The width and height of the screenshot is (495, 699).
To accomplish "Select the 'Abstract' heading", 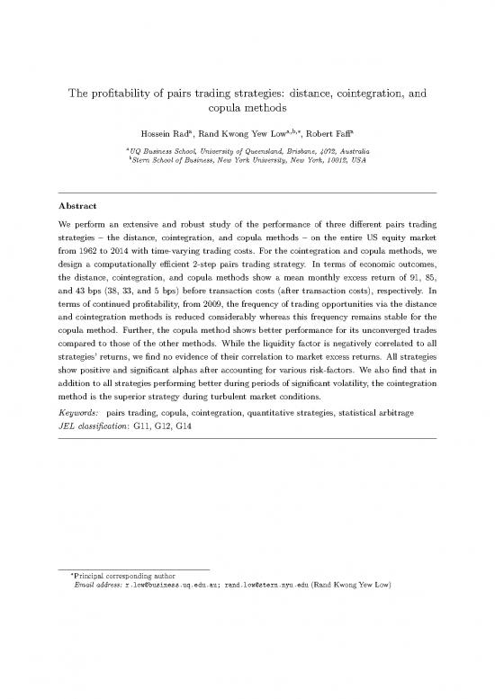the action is pos(78,205).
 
